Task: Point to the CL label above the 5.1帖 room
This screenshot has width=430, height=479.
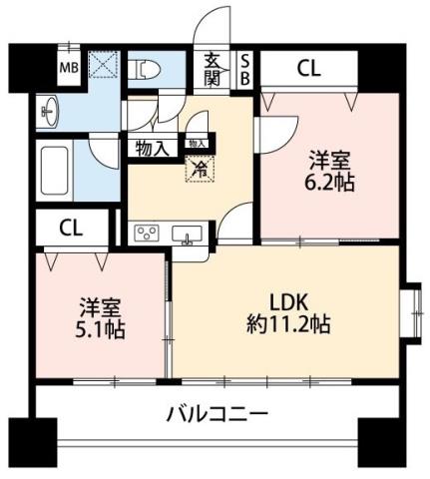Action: click(x=71, y=227)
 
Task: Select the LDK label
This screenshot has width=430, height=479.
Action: click(x=286, y=301)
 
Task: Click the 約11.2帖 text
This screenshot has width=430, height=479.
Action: click(x=286, y=323)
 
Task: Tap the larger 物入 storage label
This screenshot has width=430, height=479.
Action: click(x=151, y=149)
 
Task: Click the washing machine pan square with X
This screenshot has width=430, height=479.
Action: click(x=104, y=65)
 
